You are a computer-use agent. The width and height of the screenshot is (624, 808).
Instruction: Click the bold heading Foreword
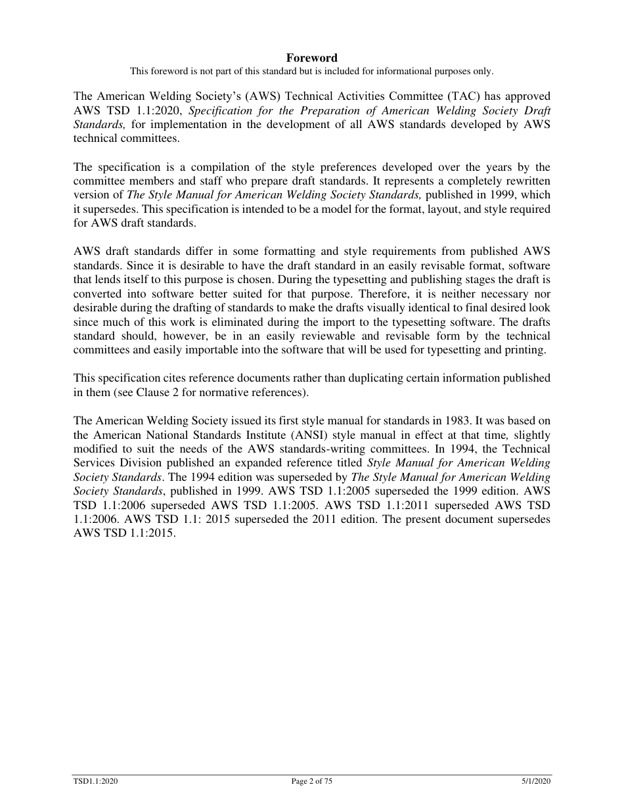coord(311,58)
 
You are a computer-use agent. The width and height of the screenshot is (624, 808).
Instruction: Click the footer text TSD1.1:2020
coord(95,781)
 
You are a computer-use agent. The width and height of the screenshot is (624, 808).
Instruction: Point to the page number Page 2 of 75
coord(311,781)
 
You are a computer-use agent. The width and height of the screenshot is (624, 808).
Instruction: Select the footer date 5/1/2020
coord(533,781)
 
